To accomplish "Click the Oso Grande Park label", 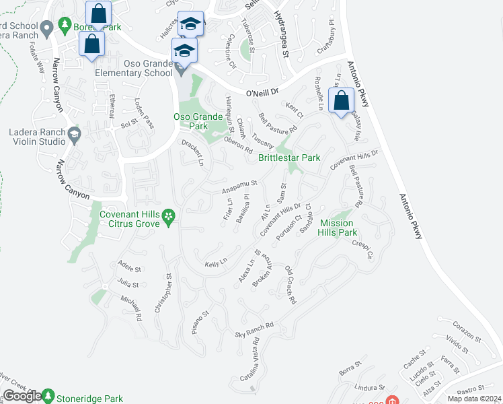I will click(x=198, y=121).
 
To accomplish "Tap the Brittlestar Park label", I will click(x=289, y=158).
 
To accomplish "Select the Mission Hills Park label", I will click(x=338, y=228).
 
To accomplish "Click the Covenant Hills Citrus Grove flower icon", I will click(x=169, y=216).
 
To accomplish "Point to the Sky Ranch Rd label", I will click(x=254, y=330).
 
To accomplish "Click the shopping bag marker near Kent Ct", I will click(x=341, y=100).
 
